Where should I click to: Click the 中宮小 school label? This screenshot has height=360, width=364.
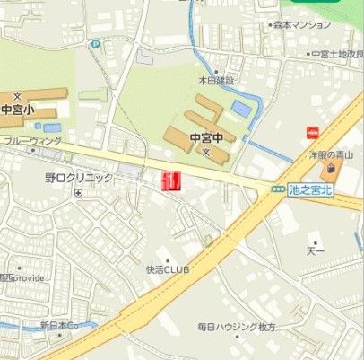[x=16, y=110]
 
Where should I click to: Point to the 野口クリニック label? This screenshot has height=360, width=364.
[x=80, y=178]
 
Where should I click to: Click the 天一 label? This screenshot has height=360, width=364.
[x=315, y=250]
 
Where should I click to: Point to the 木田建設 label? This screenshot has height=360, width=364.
[x=216, y=81]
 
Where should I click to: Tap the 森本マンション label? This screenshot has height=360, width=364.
[x=303, y=25]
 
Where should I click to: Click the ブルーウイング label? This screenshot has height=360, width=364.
[x=32, y=141]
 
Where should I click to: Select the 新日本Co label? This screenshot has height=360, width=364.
[x=60, y=324]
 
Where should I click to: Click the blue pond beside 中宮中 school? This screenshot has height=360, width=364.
[x=241, y=108]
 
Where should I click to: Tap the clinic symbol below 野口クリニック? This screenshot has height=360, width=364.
[x=79, y=192]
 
